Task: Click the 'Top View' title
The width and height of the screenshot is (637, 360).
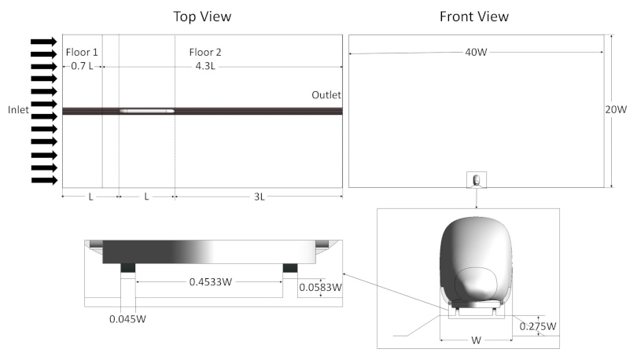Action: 202,17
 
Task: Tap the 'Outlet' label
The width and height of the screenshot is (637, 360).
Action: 326,94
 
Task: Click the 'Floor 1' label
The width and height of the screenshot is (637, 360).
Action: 81,52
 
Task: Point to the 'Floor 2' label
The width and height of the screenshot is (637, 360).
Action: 205,52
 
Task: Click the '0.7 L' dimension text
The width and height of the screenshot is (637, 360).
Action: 81,66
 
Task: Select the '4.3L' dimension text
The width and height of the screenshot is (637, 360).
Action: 205,66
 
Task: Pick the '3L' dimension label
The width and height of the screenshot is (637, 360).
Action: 259,197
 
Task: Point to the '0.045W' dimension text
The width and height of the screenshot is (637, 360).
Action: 128,319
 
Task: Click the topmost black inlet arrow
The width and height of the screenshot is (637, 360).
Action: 44,42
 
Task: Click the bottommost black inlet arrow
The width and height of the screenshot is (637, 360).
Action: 44,180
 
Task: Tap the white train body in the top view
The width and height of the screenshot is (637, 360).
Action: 146,111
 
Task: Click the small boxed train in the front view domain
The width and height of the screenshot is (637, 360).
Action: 477,181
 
